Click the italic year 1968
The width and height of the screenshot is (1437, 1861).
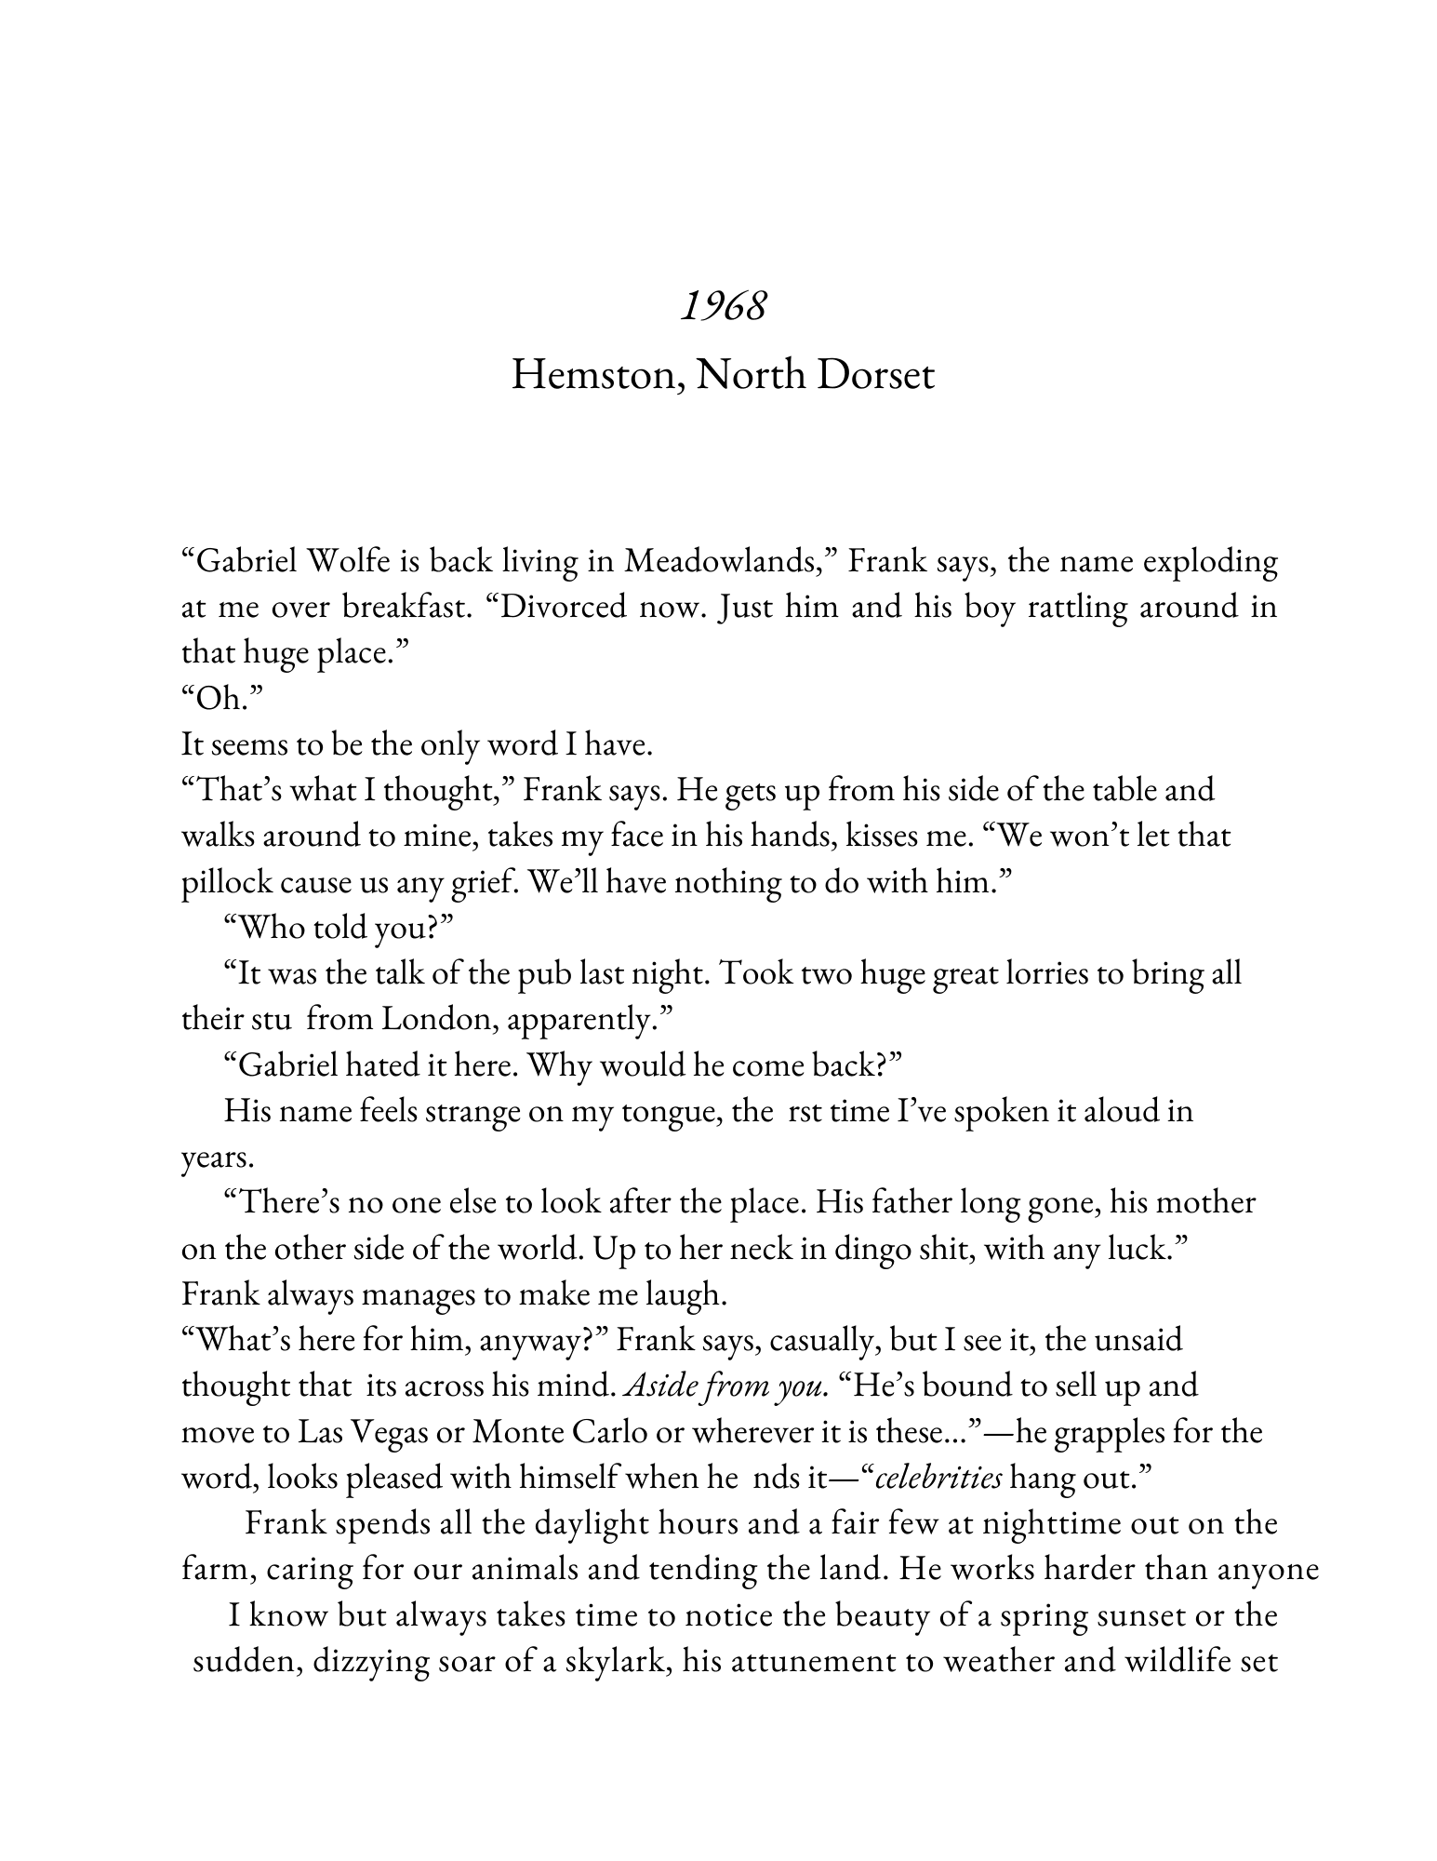click(723, 305)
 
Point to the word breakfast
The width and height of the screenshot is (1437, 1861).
click(396, 608)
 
